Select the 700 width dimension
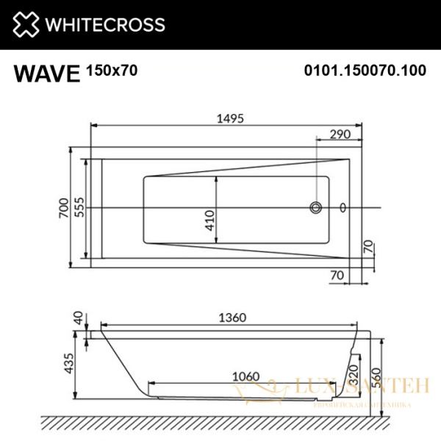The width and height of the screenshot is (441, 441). [x=64, y=209]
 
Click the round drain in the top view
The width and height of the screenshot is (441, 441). [x=316, y=208]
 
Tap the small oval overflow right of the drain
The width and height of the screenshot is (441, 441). [x=344, y=208]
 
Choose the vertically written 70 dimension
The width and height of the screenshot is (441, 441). [x=367, y=247]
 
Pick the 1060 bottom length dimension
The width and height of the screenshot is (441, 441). [x=245, y=376]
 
